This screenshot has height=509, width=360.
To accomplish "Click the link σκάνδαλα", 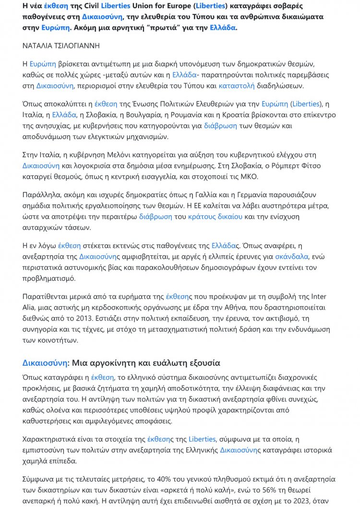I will (x=291, y=257).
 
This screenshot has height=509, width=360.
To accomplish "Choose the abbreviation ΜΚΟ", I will (x=248, y=176).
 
